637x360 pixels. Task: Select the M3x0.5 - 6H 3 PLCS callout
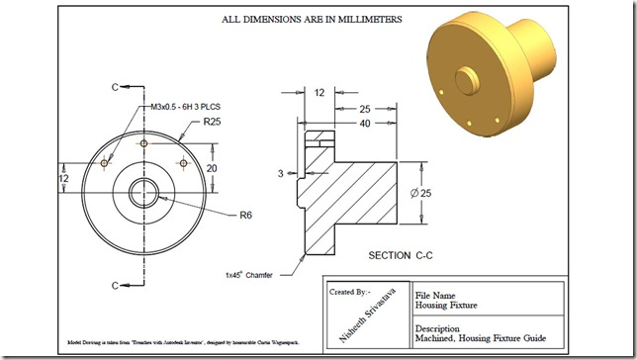[x=195, y=106]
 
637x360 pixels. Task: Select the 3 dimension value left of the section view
[x=281, y=173]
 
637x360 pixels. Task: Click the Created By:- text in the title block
[x=348, y=292]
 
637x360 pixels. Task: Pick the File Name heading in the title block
[x=436, y=295]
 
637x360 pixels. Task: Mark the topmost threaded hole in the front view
[x=144, y=143]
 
